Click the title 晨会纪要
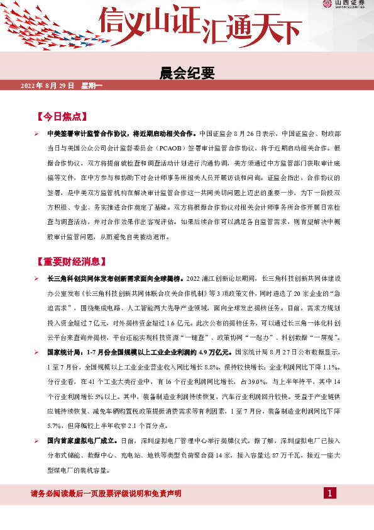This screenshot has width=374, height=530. coord(187,73)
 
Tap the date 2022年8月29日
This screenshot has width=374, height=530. coord(48,86)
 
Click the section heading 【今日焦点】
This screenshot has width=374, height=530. coord(61,117)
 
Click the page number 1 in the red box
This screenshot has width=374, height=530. coord(329,492)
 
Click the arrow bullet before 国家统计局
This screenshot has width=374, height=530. coord(38,352)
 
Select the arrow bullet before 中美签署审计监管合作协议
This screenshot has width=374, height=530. coord(38,134)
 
